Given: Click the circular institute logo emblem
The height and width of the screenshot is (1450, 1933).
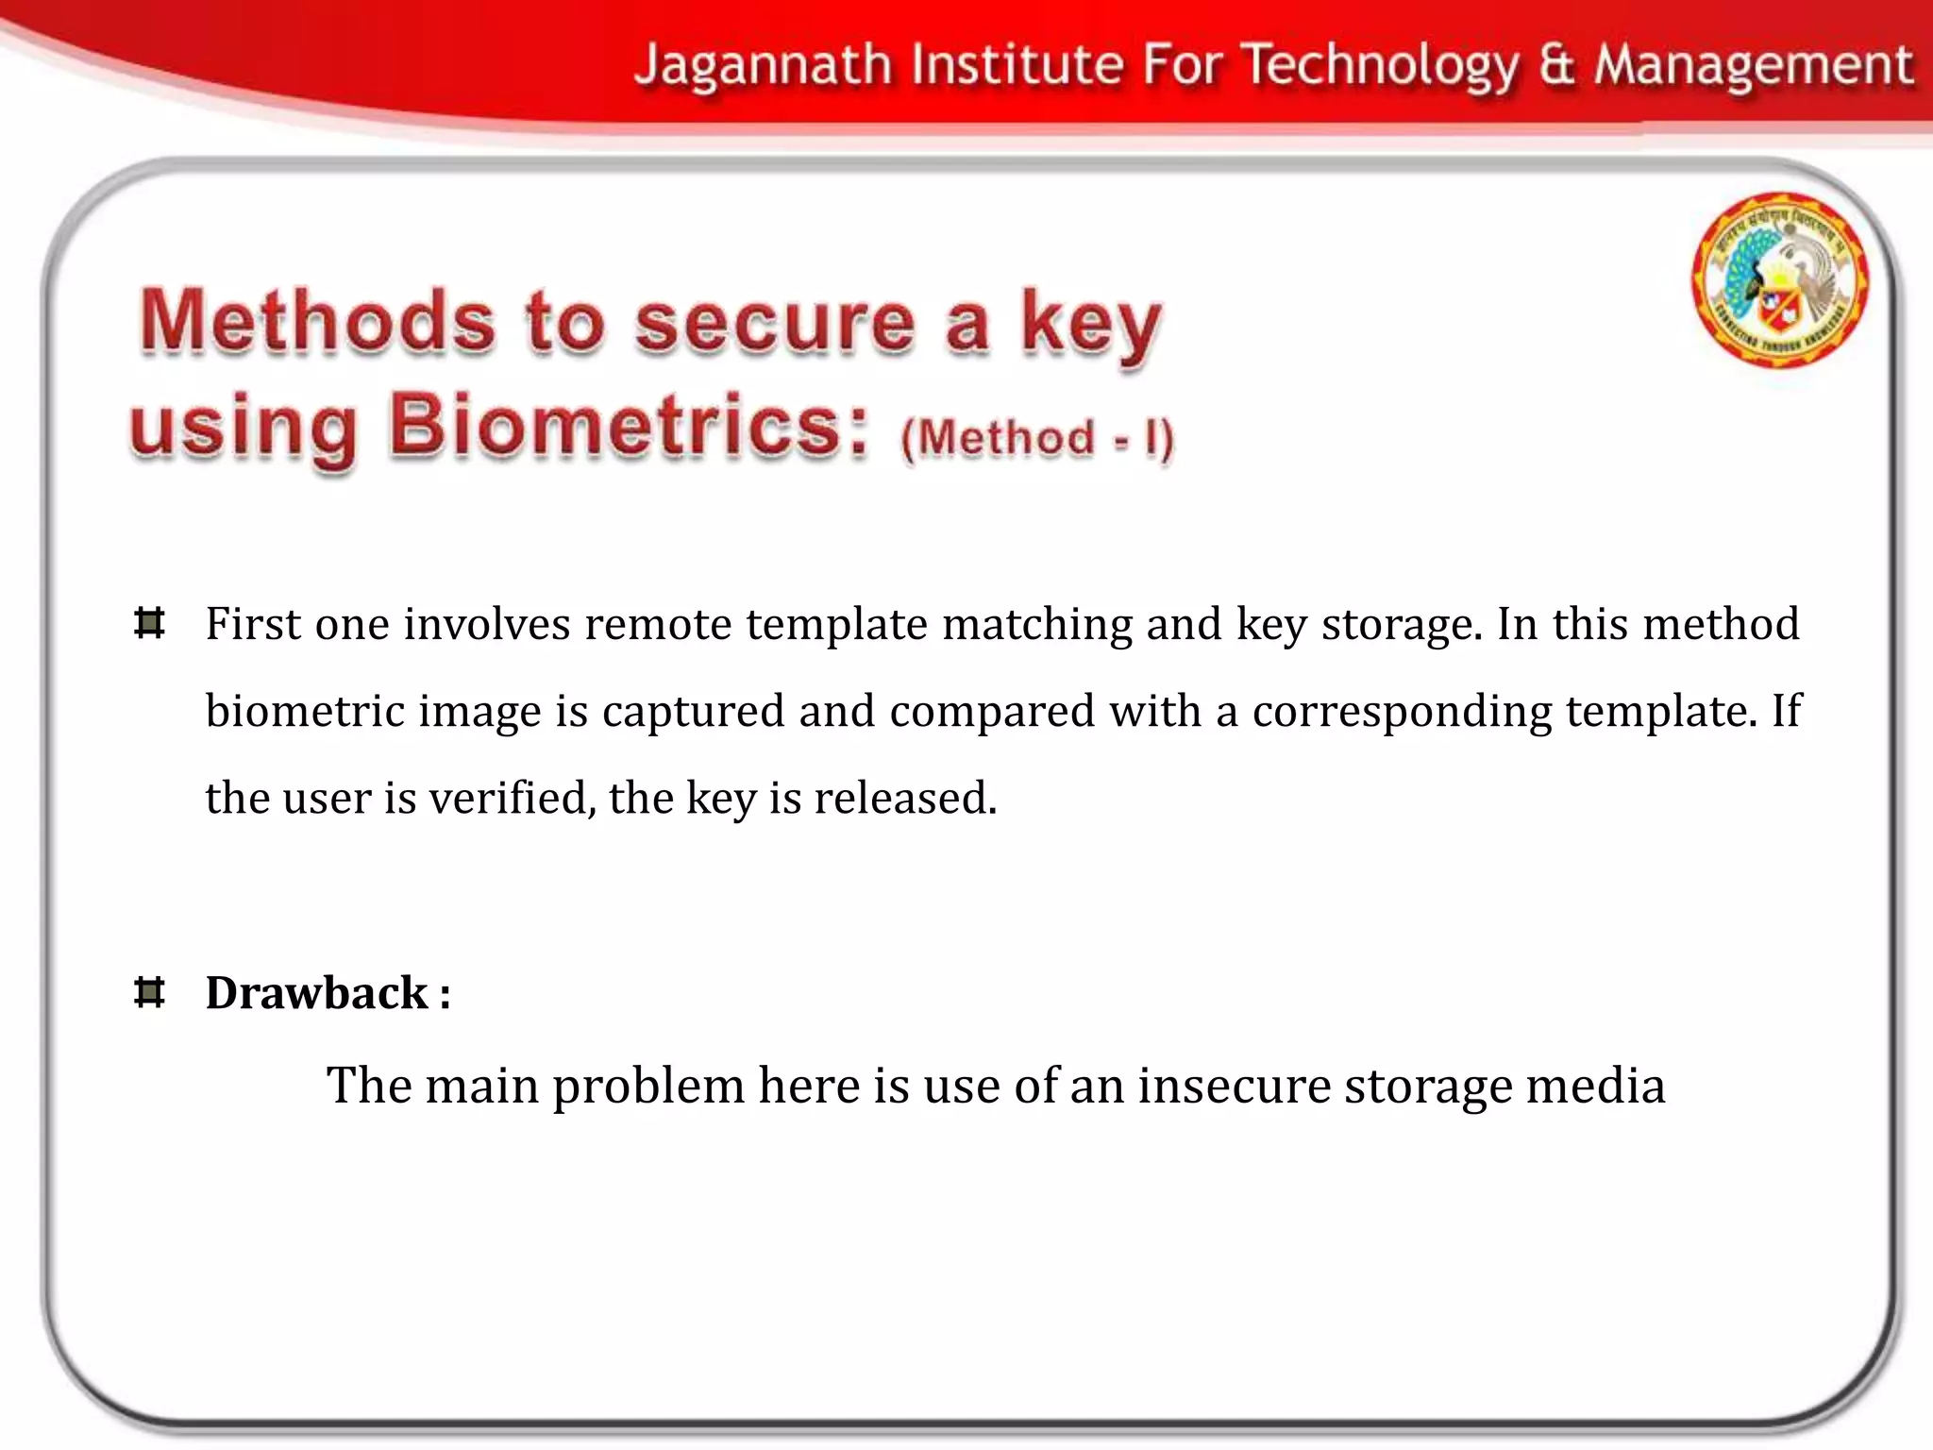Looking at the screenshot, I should [x=1779, y=279].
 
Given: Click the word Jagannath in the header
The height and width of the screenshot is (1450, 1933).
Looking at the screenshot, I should [x=763, y=66].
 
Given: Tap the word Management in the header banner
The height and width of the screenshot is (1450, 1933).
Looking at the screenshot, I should [x=1754, y=66].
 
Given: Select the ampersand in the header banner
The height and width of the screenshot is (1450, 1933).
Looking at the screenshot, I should [x=1557, y=66].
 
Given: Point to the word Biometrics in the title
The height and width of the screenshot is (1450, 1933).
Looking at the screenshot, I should [x=627, y=426].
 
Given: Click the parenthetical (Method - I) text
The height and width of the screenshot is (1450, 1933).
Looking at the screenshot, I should [x=1036, y=438].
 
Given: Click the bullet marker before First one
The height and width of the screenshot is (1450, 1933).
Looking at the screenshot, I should [x=150, y=623].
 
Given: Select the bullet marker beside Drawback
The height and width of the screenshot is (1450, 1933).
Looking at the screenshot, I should [x=150, y=992].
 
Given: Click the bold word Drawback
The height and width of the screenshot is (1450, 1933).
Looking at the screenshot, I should [x=317, y=993].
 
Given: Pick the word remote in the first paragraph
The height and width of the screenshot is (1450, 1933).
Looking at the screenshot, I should [x=657, y=624].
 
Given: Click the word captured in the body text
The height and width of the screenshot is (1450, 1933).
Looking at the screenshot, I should [x=693, y=712].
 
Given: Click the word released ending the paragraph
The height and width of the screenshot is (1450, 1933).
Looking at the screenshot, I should [x=904, y=798].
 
